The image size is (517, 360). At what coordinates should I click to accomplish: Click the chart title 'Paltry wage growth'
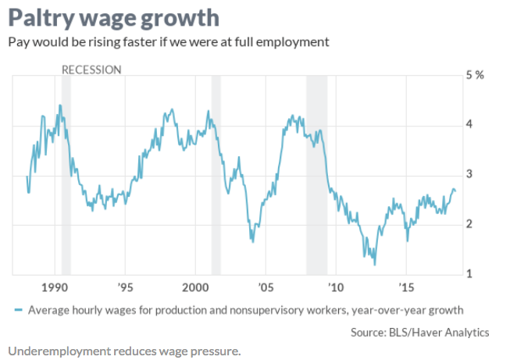click(113, 18)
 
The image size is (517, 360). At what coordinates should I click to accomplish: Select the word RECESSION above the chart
click(91, 70)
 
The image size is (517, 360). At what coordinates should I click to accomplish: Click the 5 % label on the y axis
click(476, 75)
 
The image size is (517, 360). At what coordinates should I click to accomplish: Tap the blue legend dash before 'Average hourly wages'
click(18, 310)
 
